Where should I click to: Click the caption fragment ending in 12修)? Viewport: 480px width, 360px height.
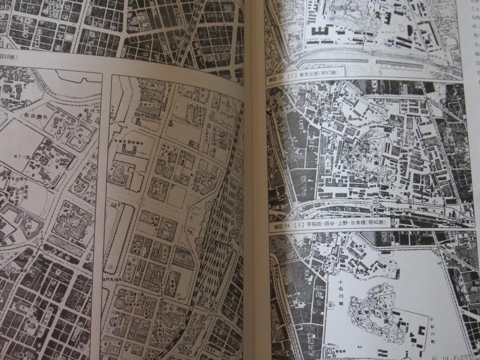click(x=9, y=57)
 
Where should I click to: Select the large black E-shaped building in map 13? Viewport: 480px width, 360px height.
click(x=320, y=31)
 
